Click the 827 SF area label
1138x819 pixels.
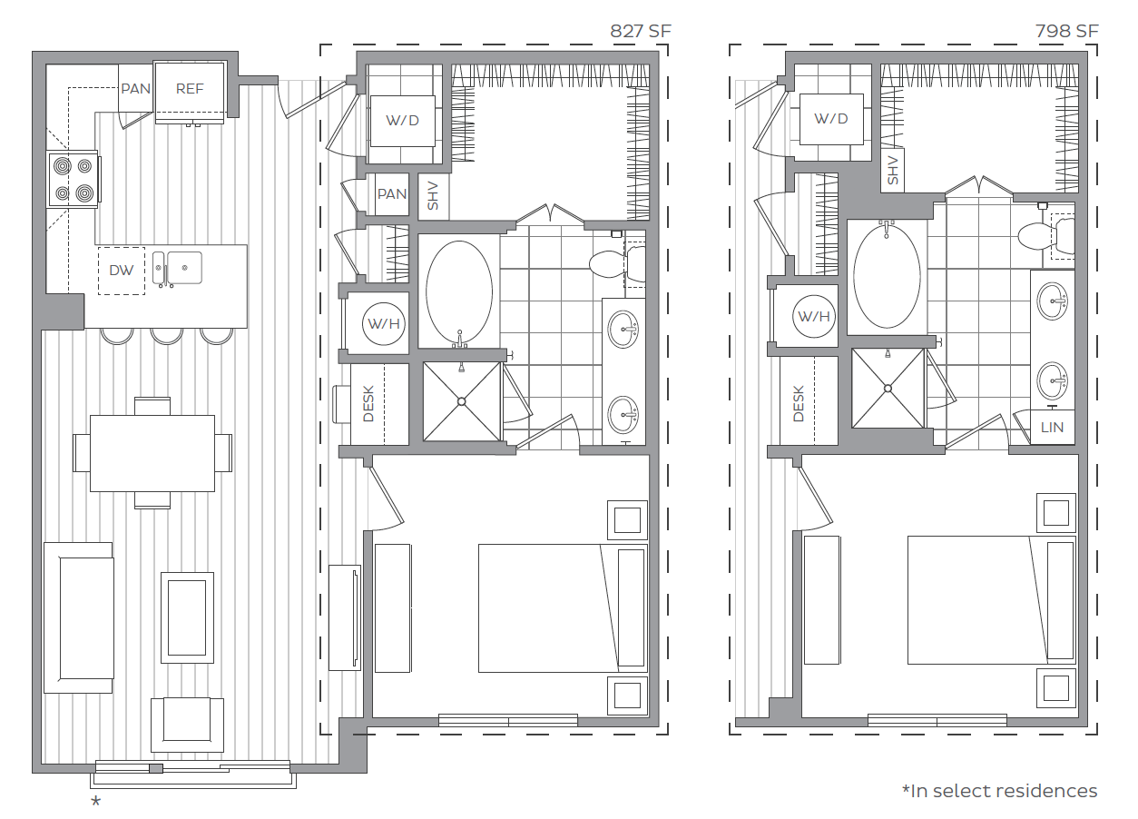tap(641, 32)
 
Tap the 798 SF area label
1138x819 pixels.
tap(1067, 32)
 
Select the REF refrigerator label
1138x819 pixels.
tap(190, 88)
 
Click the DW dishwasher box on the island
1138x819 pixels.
tap(121, 271)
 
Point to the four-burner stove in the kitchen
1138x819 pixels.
tap(74, 179)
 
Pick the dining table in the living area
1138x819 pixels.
tap(152, 453)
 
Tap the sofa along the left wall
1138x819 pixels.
tap(78, 617)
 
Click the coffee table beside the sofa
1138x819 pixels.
tap(188, 618)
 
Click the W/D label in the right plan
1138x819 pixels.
tap(830, 119)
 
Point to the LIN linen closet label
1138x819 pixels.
tap(1052, 428)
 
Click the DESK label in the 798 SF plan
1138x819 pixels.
tap(799, 404)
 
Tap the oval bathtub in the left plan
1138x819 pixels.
tap(459, 293)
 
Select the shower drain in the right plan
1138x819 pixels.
tap(888, 388)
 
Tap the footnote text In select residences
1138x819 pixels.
tap(999, 791)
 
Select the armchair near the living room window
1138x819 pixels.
tap(187, 724)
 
